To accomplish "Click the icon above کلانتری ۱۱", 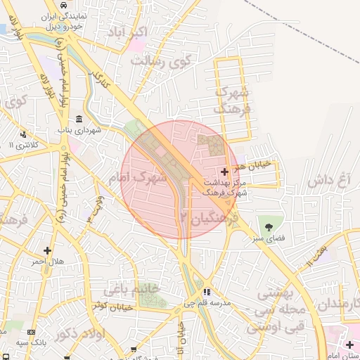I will pos(23,134).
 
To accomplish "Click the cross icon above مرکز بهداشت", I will pos(224,172).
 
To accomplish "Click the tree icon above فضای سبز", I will pos(269,226).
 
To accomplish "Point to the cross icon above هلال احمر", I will pos(47,250).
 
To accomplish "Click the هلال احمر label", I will pos(46,262).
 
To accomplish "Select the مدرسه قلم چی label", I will pos(215,303).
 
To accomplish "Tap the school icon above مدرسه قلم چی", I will pos(206,292).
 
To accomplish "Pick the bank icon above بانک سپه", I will pos(30,331).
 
